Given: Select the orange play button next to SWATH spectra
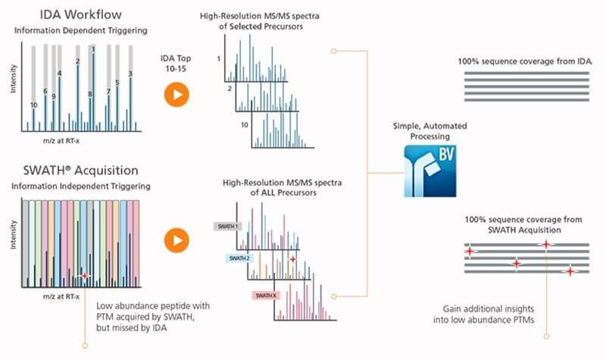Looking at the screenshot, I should tap(176, 240).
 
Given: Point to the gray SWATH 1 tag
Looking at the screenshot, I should tap(229, 226).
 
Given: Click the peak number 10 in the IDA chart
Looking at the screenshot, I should tap(33, 105).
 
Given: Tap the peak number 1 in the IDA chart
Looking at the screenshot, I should tap(93, 49).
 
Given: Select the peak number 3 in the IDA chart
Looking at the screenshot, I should tap(131, 74).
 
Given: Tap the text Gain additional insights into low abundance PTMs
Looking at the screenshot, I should tap(495, 314).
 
